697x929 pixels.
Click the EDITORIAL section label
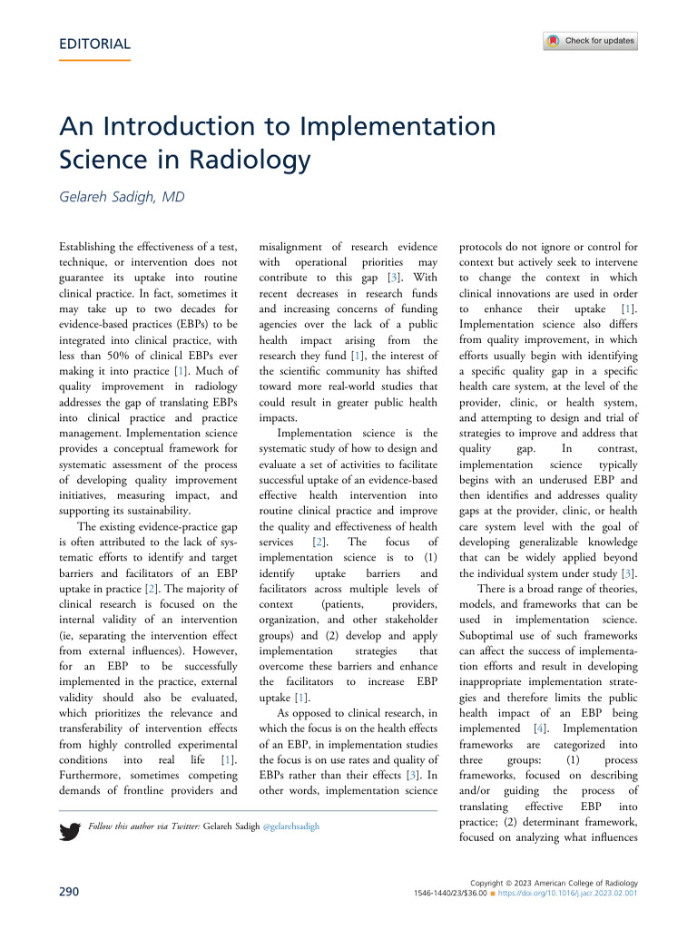pyautogui.click(x=93, y=44)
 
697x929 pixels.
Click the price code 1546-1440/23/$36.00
pyautogui.click(x=454, y=894)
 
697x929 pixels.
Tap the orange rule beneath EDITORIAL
pyautogui.click(x=93, y=61)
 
